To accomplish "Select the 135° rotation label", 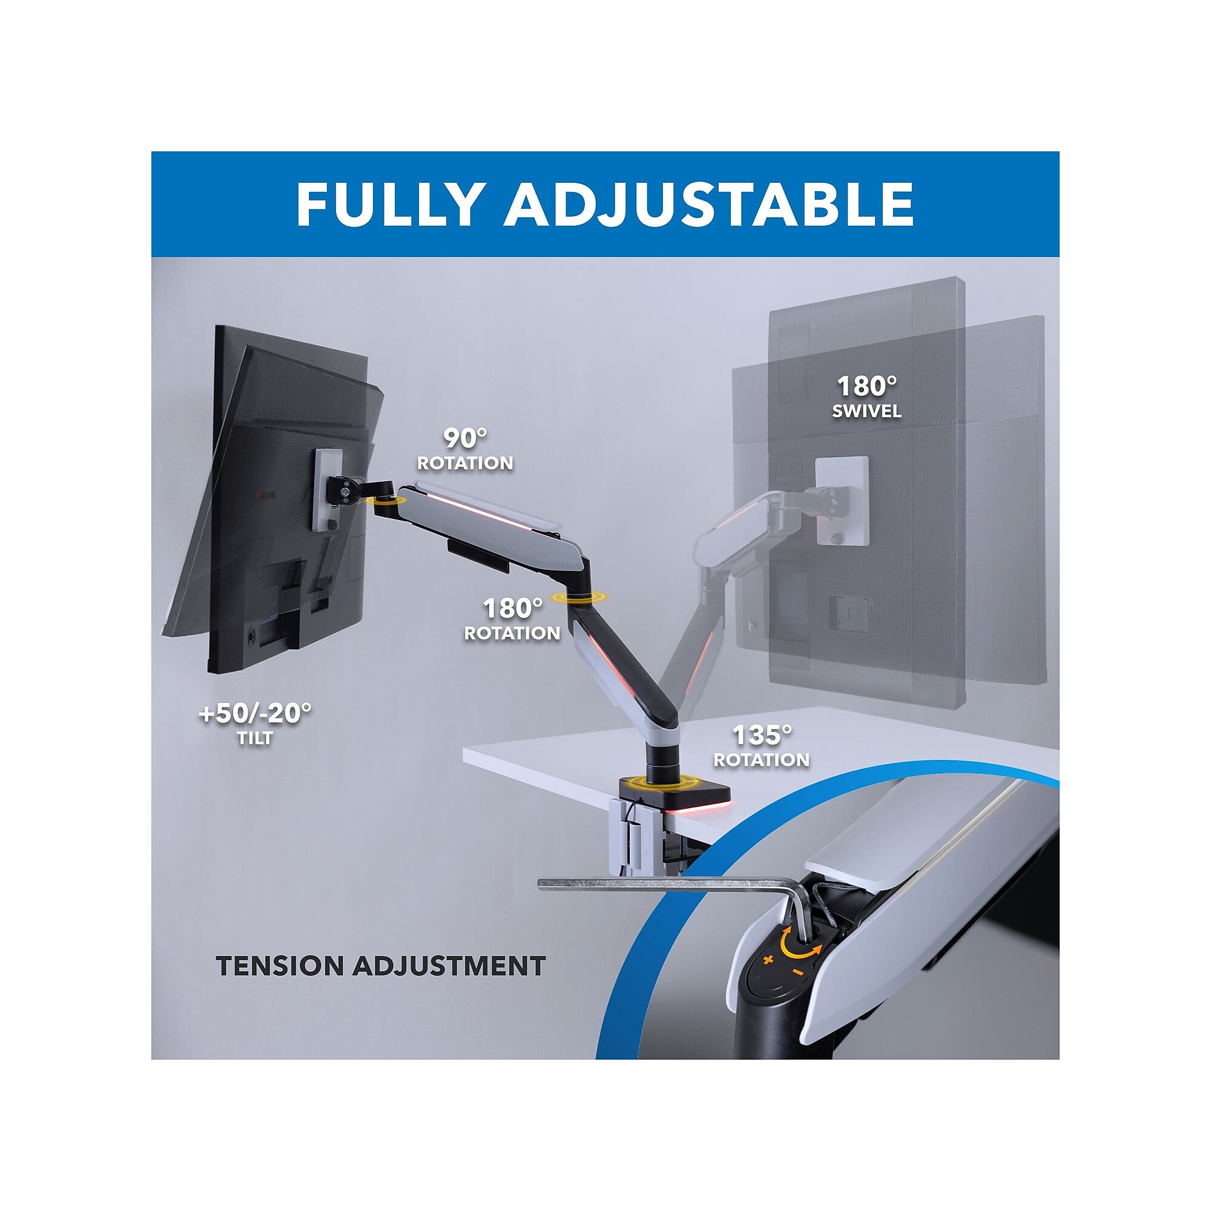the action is (762, 746).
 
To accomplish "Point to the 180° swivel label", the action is (867, 397).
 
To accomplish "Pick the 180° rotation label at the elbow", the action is (512, 619).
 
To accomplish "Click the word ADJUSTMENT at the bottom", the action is (449, 966).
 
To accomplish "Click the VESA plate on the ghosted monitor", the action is (842, 501).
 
